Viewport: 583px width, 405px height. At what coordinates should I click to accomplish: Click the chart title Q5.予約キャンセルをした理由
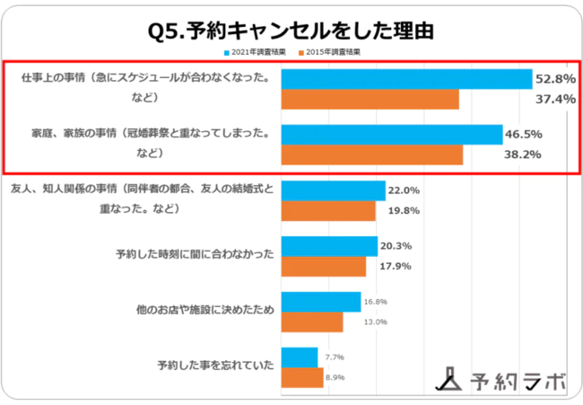click(x=291, y=31)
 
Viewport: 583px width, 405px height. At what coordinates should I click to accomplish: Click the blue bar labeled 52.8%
click(x=407, y=79)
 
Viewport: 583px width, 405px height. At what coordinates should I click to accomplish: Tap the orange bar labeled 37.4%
click(x=370, y=99)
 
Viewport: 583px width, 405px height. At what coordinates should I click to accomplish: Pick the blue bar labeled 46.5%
click(x=392, y=135)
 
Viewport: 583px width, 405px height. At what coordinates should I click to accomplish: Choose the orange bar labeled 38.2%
click(x=372, y=154)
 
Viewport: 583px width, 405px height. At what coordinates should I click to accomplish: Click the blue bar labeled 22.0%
click(x=334, y=190)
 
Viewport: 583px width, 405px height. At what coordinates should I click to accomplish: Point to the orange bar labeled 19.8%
click(x=328, y=211)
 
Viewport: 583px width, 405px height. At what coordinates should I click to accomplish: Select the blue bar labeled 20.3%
click(x=329, y=246)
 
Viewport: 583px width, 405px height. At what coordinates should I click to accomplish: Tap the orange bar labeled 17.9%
click(x=324, y=267)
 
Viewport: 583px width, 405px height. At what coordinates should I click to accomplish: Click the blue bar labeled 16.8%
click(x=321, y=302)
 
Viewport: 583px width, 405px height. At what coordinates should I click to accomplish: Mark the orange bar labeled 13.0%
click(x=312, y=321)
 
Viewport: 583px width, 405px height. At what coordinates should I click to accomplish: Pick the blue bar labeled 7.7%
click(x=300, y=357)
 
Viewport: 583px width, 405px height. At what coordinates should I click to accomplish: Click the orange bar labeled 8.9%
click(x=302, y=377)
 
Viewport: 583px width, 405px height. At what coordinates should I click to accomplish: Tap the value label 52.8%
click(x=555, y=79)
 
